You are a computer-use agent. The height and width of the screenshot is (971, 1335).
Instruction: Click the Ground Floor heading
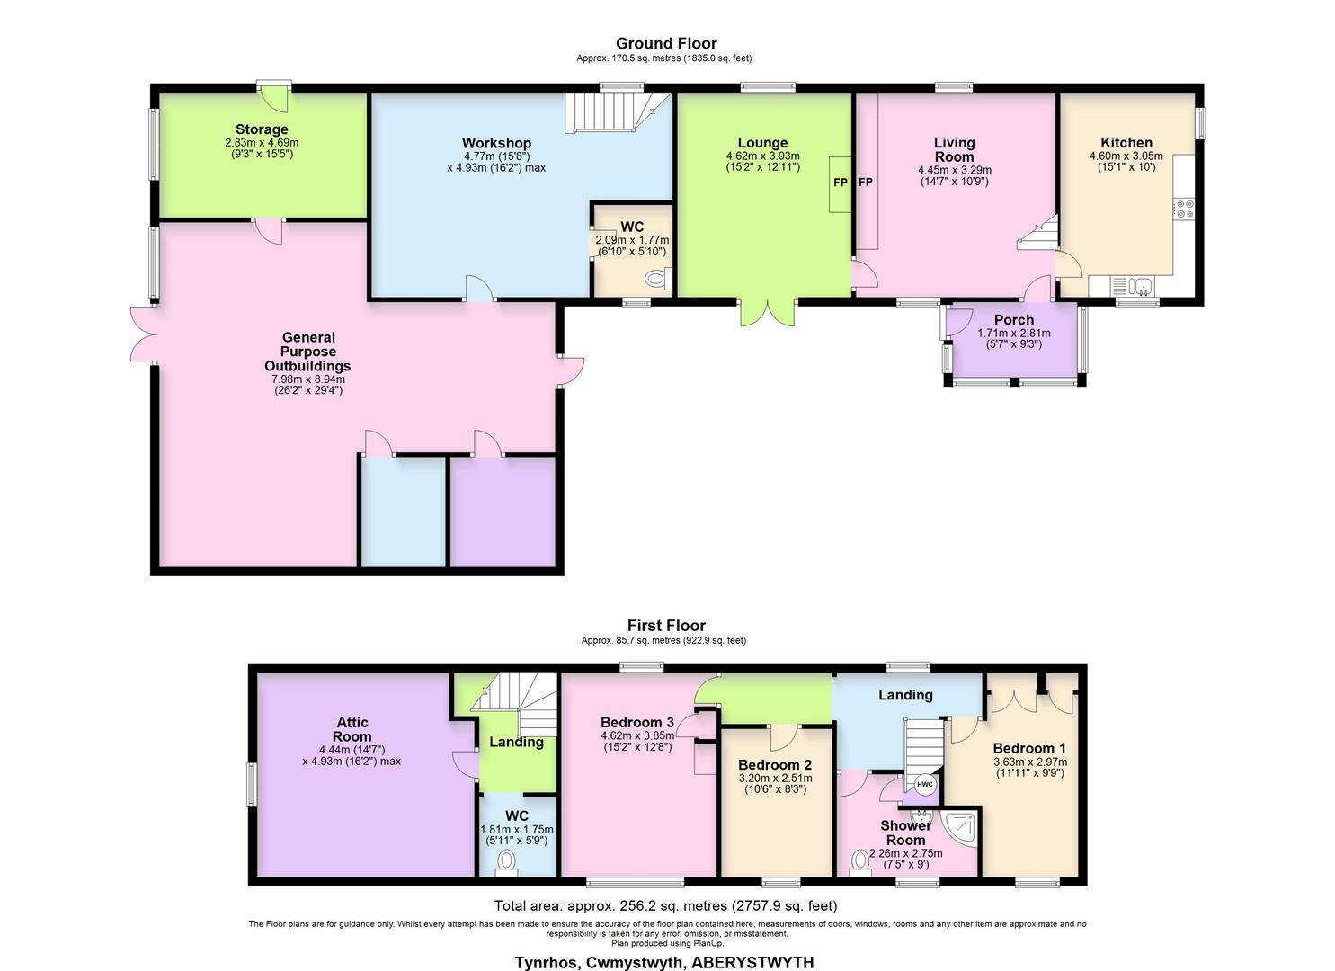click(666, 43)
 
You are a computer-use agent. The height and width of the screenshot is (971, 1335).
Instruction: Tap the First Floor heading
click(666, 625)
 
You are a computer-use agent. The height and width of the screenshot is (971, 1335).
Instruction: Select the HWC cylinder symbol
click(924, 784)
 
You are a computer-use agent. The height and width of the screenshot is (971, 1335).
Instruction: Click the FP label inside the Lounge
click(841, 183)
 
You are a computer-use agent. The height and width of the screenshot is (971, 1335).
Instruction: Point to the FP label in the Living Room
click(866, 183)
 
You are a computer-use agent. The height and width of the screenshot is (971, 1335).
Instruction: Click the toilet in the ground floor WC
click(658, 279)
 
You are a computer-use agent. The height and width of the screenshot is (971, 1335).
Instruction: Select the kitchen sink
click(1133, 286)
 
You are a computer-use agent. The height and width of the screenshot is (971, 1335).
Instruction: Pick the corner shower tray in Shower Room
click(960, 827)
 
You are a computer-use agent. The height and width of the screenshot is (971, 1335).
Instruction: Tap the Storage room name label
click(262, 129)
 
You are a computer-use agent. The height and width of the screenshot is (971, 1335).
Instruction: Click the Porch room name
click(1014, 320)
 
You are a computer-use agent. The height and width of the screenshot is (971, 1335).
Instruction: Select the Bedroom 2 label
click(775, 765)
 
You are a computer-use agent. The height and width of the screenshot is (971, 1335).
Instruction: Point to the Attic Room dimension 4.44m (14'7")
click(352, 750)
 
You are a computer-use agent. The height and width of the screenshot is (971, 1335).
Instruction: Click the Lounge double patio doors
click(768, 313)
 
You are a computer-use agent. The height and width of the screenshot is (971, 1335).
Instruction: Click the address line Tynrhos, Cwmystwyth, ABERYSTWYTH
click(664, 962)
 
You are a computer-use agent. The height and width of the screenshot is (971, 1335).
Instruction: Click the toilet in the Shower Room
click(860, 863)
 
